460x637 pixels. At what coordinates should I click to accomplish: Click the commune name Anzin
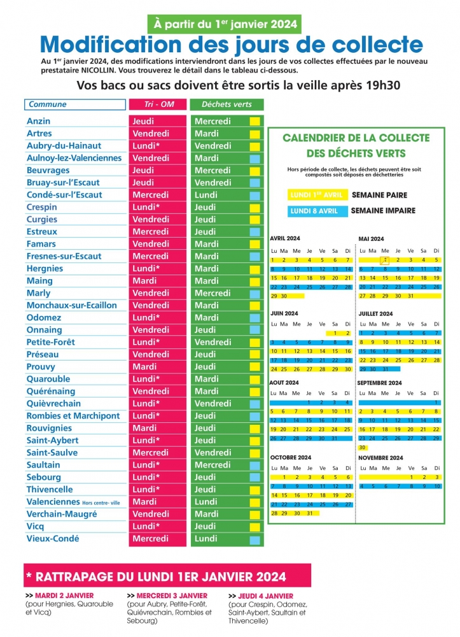pos(39,121)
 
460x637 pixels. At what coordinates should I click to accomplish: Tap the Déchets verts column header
pos(227,104)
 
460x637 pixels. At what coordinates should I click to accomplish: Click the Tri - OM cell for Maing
pos(145,281)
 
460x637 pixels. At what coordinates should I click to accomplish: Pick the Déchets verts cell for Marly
pos(213,293)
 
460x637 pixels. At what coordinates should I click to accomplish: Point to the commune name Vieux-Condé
pos(53,539)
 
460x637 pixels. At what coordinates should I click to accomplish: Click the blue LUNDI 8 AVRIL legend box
pos(316,211)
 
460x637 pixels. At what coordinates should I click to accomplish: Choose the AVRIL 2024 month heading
pos(284,238)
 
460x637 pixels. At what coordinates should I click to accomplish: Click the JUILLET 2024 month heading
pos(376,313)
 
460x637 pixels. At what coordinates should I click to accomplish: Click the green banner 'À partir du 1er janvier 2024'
pos(225,24)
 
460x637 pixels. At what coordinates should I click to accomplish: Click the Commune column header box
pos(74,104)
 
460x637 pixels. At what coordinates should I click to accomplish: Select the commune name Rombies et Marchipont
pos(73,416)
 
